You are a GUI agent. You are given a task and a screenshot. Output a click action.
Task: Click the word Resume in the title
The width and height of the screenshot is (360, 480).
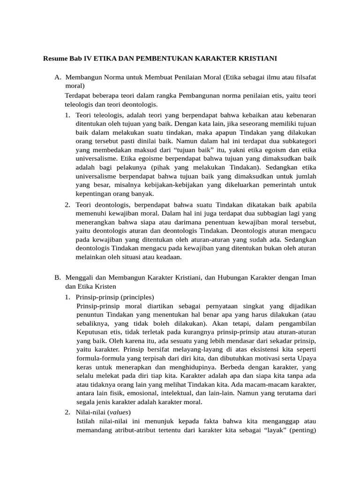coord(55,59)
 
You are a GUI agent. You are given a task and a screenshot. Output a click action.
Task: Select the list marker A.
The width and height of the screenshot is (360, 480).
coord(58,77)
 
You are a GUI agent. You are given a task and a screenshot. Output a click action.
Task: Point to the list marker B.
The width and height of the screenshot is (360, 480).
coord(58,278)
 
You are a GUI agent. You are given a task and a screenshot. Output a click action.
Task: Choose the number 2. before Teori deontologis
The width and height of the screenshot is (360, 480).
coord(68,205)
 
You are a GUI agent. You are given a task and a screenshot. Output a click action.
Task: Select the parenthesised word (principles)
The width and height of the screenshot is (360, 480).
coord(137,297)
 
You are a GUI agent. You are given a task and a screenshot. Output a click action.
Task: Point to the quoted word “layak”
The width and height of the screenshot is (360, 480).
coord(272,429)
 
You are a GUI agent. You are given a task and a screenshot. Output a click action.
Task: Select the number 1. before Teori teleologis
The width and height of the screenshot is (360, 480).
coord(68,115)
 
